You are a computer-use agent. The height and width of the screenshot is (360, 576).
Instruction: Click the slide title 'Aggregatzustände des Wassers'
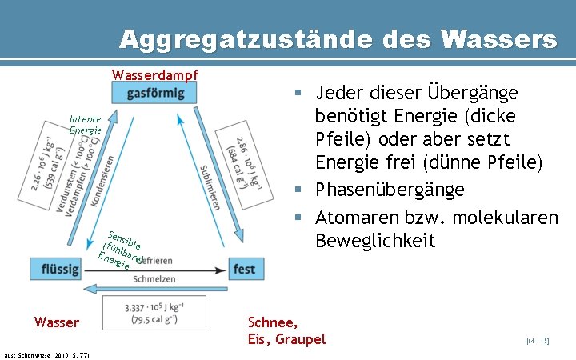tap(338, 38)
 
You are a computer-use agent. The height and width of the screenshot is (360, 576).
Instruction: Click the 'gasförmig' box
tap(155, 94)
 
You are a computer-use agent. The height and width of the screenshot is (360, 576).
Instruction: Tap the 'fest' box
tap(244, 269)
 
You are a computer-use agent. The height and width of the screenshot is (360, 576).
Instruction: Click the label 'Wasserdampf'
tap(155, 76)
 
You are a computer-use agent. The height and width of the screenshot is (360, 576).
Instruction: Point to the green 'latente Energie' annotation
tap(85, 124)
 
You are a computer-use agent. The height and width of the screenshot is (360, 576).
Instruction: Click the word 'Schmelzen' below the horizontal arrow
tap(154, 279)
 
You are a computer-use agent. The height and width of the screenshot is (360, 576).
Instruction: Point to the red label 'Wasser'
tap(57, 322)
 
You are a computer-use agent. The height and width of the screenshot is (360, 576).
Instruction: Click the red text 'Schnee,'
tap(274, 322)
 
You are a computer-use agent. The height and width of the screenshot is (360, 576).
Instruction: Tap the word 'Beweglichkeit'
tap(375, 240)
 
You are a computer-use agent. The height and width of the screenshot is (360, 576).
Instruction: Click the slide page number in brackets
tap(538, 342)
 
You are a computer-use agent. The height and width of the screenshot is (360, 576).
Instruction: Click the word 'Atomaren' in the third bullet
tap(353, 216)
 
